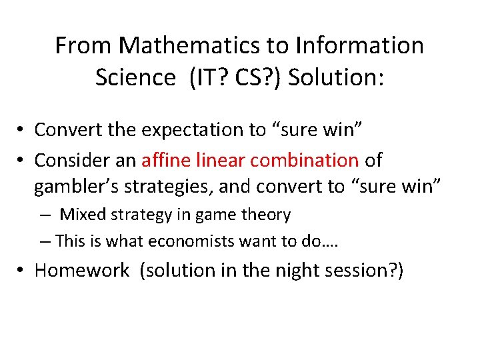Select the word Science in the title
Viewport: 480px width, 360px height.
tap(135, 77)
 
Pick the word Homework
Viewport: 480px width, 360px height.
tap(82, 270)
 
